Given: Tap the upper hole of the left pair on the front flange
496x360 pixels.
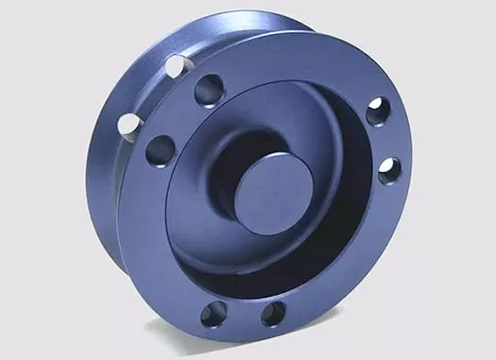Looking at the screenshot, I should (x=207, y=93).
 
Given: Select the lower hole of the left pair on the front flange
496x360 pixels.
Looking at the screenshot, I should (x=161, y=149).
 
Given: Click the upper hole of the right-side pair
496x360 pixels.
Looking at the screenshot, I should (x=377, y=111).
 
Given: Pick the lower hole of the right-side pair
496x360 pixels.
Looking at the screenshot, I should (x=389, y=171).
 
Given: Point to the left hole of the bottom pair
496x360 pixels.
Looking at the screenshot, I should (x=213, y=314).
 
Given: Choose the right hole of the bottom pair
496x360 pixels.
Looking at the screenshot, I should (x=273, y=314).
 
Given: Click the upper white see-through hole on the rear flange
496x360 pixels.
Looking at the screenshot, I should (x=176, y=66).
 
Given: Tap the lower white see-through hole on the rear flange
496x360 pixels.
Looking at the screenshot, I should (x=128, y=123).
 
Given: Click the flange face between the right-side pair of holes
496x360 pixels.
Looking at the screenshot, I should (x=386, y=142).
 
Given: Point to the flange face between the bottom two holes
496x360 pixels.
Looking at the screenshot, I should (x=243, y=317).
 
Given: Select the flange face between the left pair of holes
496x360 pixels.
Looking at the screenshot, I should (x=181, y=120).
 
